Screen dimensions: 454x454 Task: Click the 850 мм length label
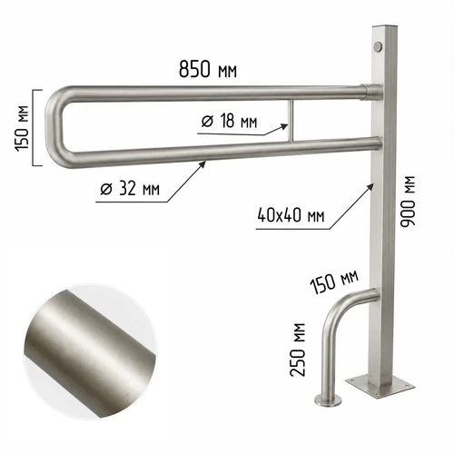click(x=208, y=70)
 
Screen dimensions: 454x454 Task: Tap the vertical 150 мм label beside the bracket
click(x=22, y=128)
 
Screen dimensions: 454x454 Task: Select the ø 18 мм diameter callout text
click(x=229, y=121)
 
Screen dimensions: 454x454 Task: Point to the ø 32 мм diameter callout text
click(x=130, y=188)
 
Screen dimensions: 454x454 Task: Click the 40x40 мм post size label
click(x=291, y=215)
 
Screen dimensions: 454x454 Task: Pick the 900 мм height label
click(x=408, y=201)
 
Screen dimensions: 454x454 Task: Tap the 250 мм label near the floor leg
click(x=298, y=350)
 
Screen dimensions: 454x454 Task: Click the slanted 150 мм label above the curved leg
click(x=334, y=281)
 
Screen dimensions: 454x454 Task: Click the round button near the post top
click(x=378, y=46)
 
